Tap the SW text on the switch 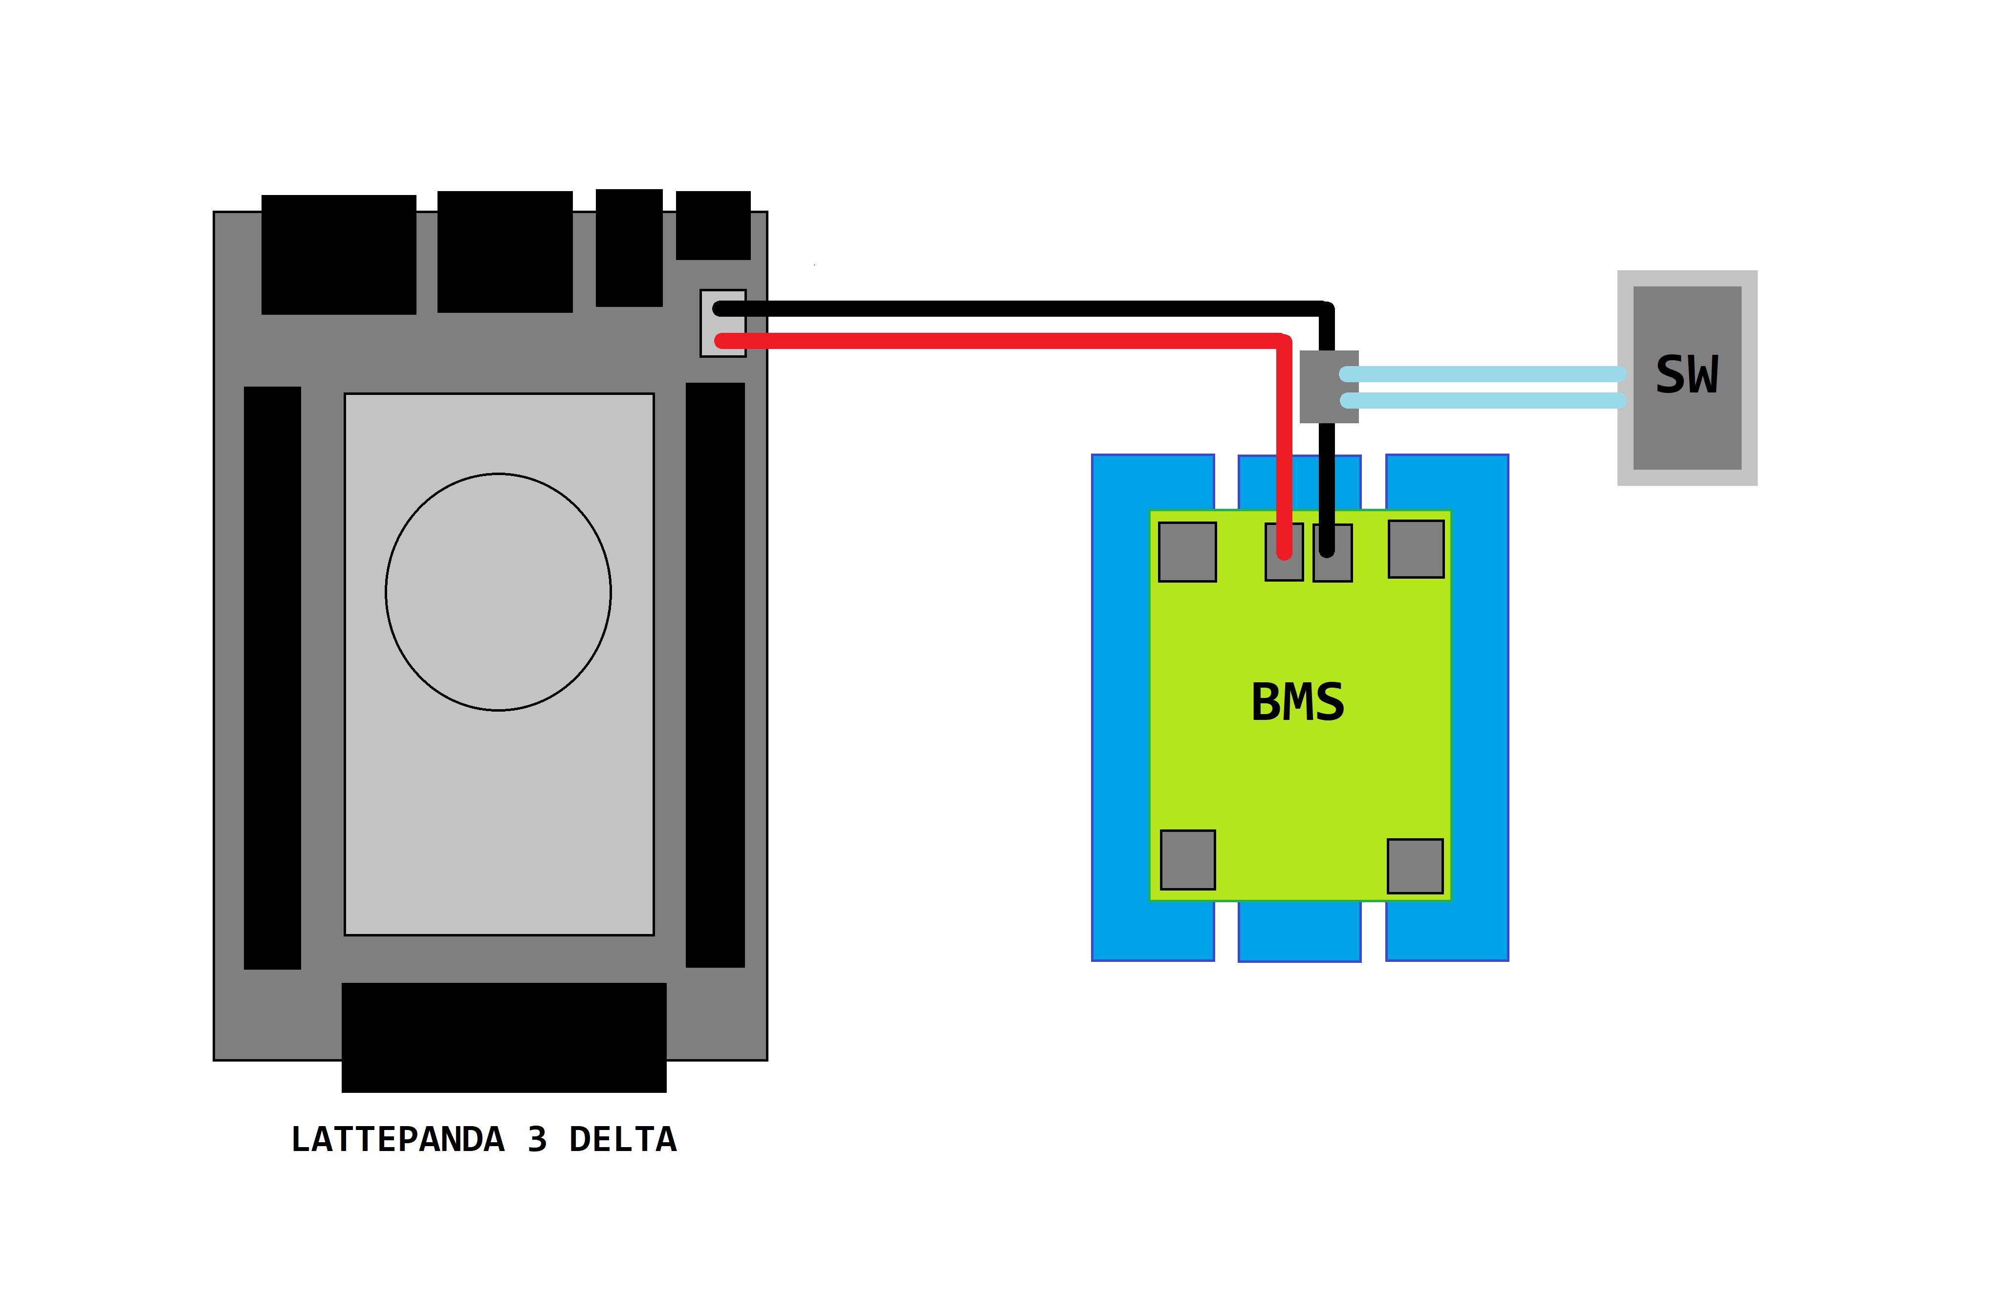(1686, 375)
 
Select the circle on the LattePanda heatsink (498, 591)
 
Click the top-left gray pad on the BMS (1186, 551)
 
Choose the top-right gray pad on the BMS (1416, 549)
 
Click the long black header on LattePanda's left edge (272, 677)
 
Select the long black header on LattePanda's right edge (715, 675)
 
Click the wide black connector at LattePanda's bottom (503, 1037)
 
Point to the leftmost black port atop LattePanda (339, 254)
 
